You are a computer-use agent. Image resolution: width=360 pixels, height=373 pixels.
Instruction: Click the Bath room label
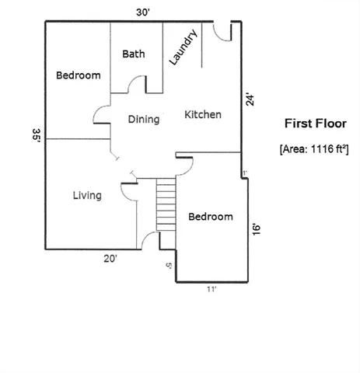134,54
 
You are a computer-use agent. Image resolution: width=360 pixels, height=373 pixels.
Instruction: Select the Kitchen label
203,115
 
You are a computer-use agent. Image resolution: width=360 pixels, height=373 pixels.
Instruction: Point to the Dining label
143,120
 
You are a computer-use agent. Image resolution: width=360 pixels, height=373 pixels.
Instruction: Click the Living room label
87,196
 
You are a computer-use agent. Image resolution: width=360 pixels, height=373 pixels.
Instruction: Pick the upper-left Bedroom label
79,76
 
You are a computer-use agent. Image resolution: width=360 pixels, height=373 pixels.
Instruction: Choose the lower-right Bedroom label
211,217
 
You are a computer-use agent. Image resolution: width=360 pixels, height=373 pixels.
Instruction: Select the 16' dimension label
255,228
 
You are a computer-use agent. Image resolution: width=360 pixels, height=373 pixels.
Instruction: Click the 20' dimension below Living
111,259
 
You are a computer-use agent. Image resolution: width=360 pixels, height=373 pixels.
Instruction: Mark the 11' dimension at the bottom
211,289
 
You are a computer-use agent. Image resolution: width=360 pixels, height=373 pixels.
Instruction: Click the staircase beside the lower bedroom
167,204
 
